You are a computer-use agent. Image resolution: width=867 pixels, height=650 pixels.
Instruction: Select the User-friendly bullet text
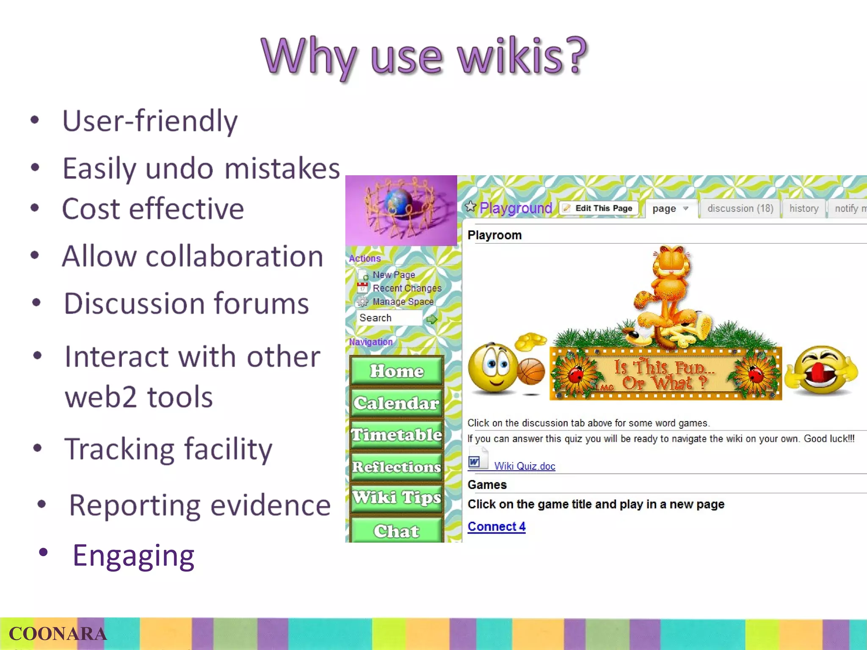[150, 121]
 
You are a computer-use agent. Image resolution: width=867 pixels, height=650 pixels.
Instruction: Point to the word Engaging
[133, 556]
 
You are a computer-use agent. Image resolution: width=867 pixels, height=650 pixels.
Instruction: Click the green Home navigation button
[397, 371]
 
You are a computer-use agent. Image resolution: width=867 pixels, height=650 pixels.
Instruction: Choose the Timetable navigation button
[397, 435]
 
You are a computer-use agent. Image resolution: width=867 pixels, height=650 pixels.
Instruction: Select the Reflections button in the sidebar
[397, 467]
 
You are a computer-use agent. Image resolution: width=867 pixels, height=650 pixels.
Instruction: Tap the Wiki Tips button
[397, 498]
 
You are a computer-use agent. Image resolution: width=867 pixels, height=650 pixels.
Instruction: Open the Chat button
[397, 531]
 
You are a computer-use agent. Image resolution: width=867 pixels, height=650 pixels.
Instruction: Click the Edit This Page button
[599, 208]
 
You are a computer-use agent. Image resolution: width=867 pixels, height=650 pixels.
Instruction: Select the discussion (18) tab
[740, 209]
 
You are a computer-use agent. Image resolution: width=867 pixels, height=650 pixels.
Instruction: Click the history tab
[803, 209]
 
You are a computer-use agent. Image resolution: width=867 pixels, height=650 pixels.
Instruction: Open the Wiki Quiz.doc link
[524, 466]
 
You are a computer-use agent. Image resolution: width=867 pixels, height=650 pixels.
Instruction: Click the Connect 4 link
[496, 527]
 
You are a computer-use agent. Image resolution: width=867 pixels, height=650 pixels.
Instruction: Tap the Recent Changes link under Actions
[406, 288]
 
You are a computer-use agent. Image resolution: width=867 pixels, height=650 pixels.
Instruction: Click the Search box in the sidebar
[389, 318]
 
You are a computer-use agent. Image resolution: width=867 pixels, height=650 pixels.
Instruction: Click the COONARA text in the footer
[58, 634]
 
